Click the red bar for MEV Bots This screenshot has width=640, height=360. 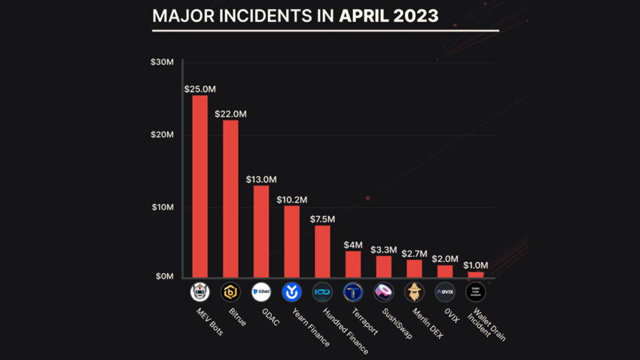200,186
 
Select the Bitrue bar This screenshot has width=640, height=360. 230,198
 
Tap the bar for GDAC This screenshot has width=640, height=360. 261,230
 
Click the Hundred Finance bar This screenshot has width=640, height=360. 322,251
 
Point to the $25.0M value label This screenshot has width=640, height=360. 200,88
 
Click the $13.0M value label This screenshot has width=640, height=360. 261,179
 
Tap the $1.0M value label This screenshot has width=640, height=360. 475,265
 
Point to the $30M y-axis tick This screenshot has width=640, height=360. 162,62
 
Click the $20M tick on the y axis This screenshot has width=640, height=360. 162,134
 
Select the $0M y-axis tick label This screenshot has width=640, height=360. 163,277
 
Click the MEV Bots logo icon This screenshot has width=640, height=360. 200,291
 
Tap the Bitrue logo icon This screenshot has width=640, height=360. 230,291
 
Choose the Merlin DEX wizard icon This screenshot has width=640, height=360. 414,291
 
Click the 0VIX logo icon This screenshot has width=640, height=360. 445,291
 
